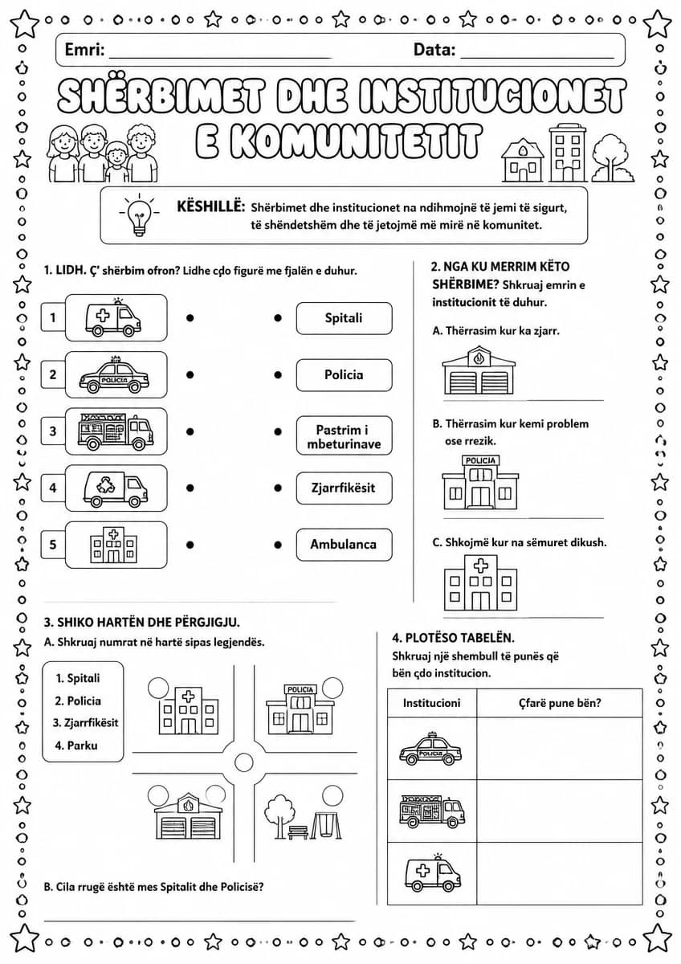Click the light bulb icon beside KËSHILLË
pos(139,214)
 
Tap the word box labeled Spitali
pos(345,318)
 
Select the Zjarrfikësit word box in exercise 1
pos(345,488)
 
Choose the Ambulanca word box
pos(345,545)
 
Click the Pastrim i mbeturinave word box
pos(345,435)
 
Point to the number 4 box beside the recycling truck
pos(53,488)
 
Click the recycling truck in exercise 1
pos(116,488)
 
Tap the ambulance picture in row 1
pos(112,317)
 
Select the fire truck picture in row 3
pos(116,431)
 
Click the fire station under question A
pos(479,370)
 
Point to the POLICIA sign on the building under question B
pos(480,460)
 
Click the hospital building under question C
pos(480,582)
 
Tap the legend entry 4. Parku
pos(76,745)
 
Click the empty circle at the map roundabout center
pos(244,762)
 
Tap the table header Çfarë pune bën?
pos(559,703)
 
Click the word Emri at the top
pos(84,50)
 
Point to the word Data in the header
pos(434,50)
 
